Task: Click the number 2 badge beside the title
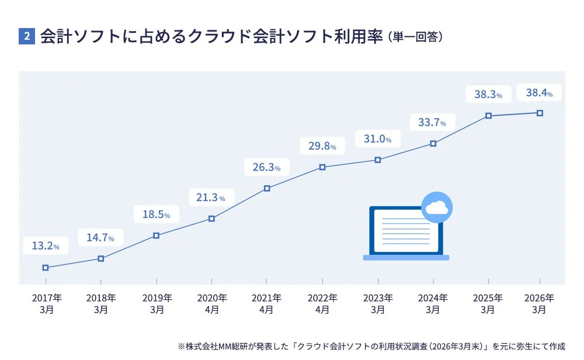[x=27, y=36]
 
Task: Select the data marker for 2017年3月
[x=46, y=268]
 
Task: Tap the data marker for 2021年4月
[x=267, y=188]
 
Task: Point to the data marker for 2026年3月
[x=540, y=112]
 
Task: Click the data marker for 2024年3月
[x=433, y=143]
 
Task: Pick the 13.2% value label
[x=46, y=246]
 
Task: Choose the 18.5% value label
[x=156, y=214]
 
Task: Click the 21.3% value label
[x=211, y=198]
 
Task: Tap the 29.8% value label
[x=322, y=146]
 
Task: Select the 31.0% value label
[x=377, y=139]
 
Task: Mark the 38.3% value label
[x=488, y=94]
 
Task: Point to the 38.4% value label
[x=539, y=92]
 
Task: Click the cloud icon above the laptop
[x=437, y=207]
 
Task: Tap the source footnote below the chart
[x=371, y=346]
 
